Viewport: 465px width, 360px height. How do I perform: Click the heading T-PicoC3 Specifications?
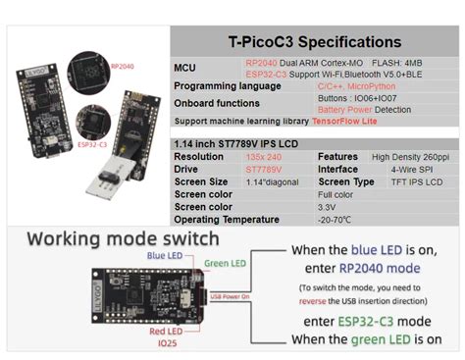click(x=314, y=42)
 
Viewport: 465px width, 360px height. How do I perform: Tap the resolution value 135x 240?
click(x=264, y=156)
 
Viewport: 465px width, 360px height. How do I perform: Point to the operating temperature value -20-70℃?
click(x=264, y=220)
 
